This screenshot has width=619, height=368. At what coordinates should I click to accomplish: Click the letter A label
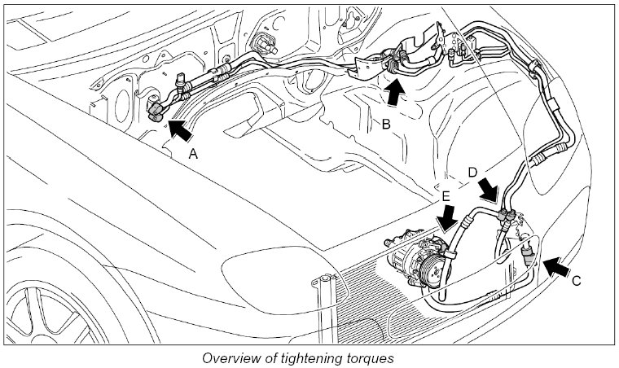pos(193,152)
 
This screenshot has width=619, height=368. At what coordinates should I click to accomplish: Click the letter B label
pos(388,125)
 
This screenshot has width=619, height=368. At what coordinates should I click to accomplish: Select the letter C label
pos(577,282)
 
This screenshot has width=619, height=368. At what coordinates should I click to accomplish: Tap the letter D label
pos(473,172)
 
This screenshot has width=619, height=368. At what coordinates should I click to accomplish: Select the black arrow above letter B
pos(394,92)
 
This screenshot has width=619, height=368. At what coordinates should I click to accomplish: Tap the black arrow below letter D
pos(489,193)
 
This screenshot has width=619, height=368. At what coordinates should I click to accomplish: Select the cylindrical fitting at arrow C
pos(530,248)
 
